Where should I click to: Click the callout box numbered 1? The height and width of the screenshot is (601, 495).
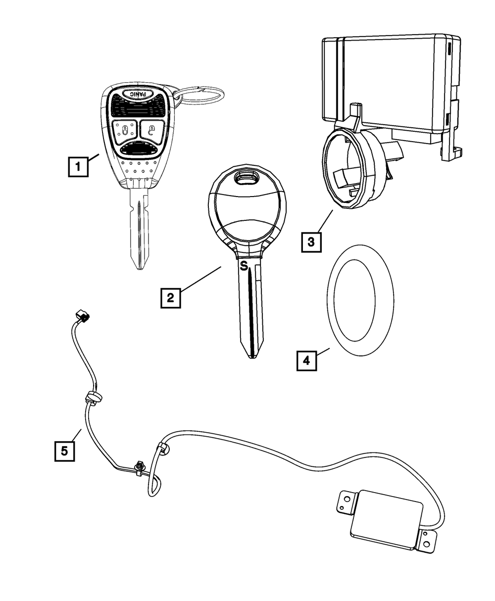coord(78,167)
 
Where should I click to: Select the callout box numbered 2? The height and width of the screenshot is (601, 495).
coord(170,297)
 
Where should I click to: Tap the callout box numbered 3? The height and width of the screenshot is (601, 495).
coord(310,242)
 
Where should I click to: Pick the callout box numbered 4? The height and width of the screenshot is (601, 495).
coord(306,360)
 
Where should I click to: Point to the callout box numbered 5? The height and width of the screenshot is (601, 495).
coord(64,451)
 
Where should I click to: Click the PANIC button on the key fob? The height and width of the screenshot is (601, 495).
coord(137,95)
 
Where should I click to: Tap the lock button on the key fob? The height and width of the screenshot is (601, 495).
coord(123,131)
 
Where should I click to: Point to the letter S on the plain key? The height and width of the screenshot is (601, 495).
coord(243,266)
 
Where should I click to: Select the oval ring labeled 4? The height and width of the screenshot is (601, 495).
coord(359,300)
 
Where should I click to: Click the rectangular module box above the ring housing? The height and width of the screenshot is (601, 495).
coord(389,84)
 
